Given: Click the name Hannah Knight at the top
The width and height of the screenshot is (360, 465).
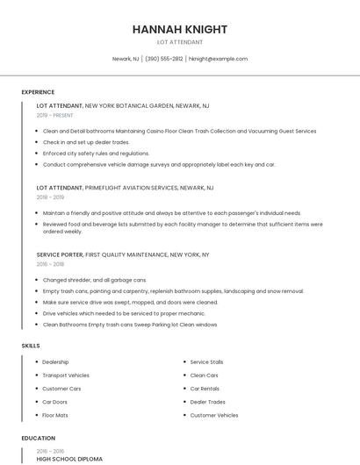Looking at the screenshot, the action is pos(180,29).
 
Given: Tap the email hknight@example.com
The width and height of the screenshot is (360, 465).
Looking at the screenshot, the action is pos(218,59).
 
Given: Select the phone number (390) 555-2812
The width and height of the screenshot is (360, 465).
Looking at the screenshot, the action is pos(164,59).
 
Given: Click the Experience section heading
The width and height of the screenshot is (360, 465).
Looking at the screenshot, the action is pos(38,92).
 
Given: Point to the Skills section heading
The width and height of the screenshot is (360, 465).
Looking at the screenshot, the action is pos(31,346).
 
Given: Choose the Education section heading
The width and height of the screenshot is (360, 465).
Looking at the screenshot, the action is pos(38,438).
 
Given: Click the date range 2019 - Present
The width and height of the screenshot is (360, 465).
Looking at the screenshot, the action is pos(55,115).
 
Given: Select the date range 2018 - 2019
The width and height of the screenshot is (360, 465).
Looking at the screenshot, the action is pos(50,197).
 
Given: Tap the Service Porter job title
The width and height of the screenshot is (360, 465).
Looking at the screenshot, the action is pos(60,254).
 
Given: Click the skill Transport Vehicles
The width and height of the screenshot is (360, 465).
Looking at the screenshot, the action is pos(66,375).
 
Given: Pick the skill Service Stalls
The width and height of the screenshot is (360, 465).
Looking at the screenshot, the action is pos(206,361).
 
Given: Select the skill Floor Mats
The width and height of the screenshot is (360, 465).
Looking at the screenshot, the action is pos(55,415).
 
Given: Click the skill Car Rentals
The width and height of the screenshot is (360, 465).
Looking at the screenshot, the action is pos(204,388).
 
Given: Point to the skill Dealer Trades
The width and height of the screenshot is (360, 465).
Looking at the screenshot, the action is pos(206,402).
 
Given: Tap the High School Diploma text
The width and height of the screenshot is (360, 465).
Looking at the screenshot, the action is pos(69,459).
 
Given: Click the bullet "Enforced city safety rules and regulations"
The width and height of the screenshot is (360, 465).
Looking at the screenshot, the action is pos(96,153).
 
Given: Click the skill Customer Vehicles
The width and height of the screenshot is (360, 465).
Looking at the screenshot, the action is pos(213,415).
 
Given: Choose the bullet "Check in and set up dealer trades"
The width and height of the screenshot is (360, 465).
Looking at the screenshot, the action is pos(86,141).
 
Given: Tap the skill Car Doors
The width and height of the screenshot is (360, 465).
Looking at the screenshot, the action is pos(55,402).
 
